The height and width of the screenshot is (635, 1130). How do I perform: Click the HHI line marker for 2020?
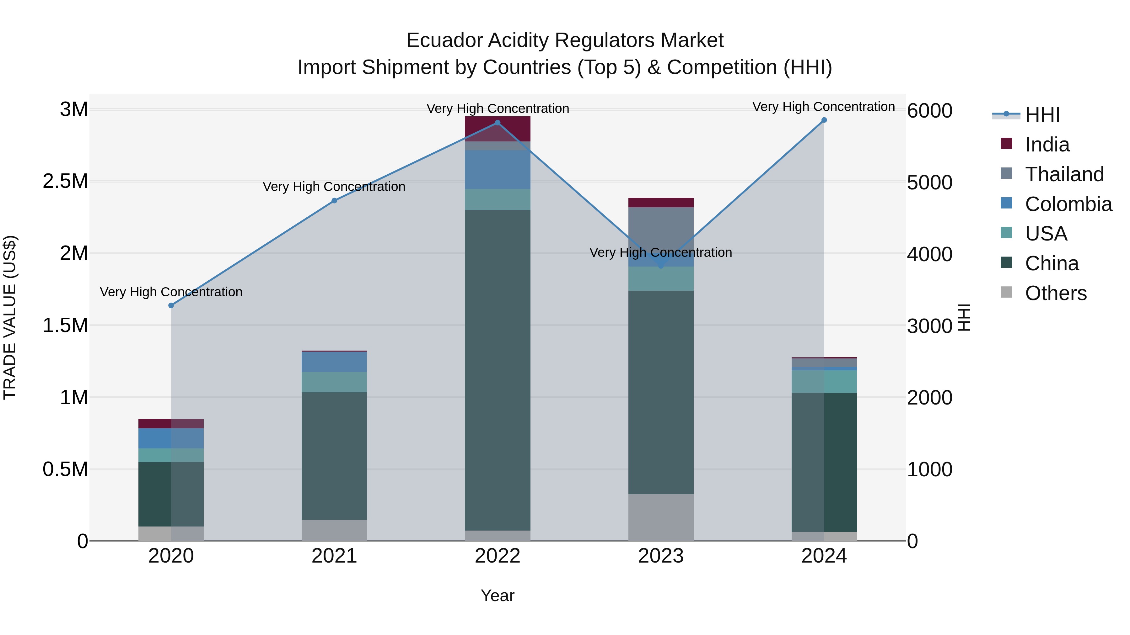(171, 305)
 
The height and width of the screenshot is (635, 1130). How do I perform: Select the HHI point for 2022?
(498, 123)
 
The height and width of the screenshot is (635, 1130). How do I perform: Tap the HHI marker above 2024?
(824, 120)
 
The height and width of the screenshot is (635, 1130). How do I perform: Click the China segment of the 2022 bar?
(498, 370)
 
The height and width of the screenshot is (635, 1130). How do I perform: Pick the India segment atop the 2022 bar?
(498, 128)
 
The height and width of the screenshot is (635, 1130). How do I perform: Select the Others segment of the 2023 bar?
(661, 517)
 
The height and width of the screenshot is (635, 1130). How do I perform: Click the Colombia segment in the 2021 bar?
(334, 362)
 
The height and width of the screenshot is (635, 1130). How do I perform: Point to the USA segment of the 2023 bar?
(661, 279)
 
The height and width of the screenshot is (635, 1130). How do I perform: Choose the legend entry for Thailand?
(1064, 174)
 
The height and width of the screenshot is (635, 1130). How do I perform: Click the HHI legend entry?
(1042, 115)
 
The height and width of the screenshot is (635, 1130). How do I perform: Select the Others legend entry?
(1055, 293)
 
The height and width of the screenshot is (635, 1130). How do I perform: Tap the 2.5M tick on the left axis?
(65, 181)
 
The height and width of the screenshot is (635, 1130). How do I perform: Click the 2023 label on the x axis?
(661, 556)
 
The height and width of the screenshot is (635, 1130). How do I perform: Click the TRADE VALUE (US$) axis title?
(10, 317)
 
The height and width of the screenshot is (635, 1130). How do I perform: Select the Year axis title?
(498, 595)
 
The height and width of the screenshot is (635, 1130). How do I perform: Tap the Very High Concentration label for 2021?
(334, 187)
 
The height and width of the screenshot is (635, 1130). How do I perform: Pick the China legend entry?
(1052, 263)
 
